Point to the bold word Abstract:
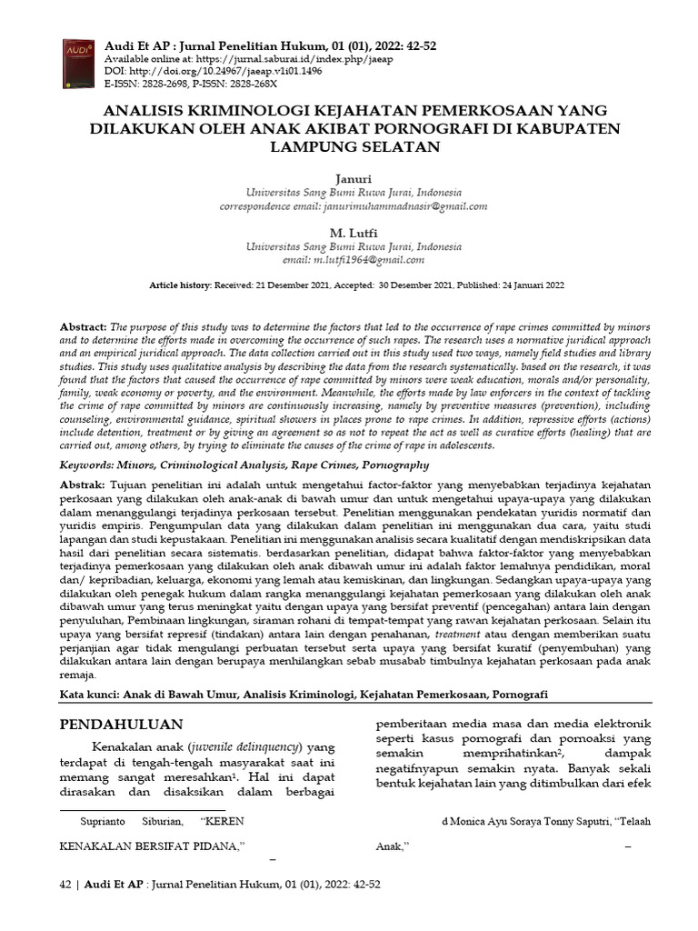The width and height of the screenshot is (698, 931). (84, 325)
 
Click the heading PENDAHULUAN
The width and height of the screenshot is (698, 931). (121, 724)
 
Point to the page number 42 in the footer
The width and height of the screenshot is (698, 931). (65, 884)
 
